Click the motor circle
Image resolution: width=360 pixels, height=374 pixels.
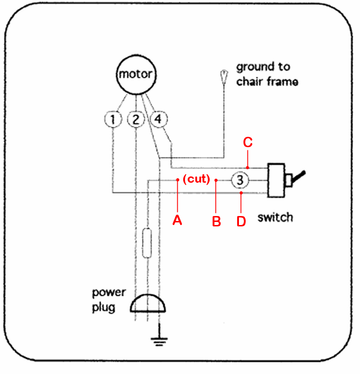point(135,75)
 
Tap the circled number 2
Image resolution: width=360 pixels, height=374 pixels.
point(135,120)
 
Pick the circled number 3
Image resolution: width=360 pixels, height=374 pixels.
point(240,180)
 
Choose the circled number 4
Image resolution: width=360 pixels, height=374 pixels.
point(157,120)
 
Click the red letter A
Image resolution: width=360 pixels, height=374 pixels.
point(178,220)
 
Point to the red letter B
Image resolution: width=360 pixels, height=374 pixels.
point(216,221)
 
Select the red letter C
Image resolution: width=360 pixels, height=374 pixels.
point(248,143)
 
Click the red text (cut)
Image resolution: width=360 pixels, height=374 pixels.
point(197,180)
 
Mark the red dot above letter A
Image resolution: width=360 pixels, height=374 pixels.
point(178,180)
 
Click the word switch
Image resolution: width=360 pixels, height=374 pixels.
point(275,218)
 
